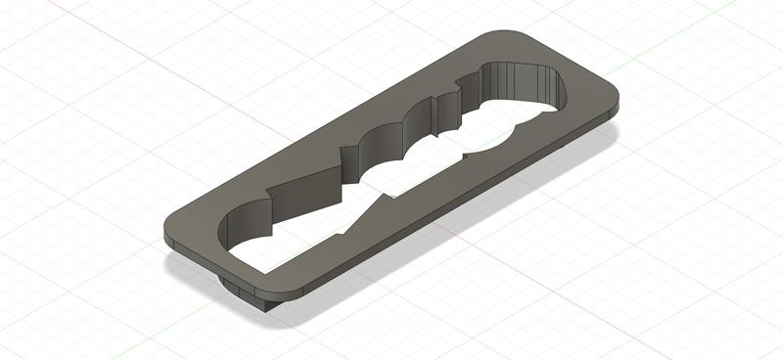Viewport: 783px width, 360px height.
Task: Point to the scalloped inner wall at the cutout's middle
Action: pos(391,142)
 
